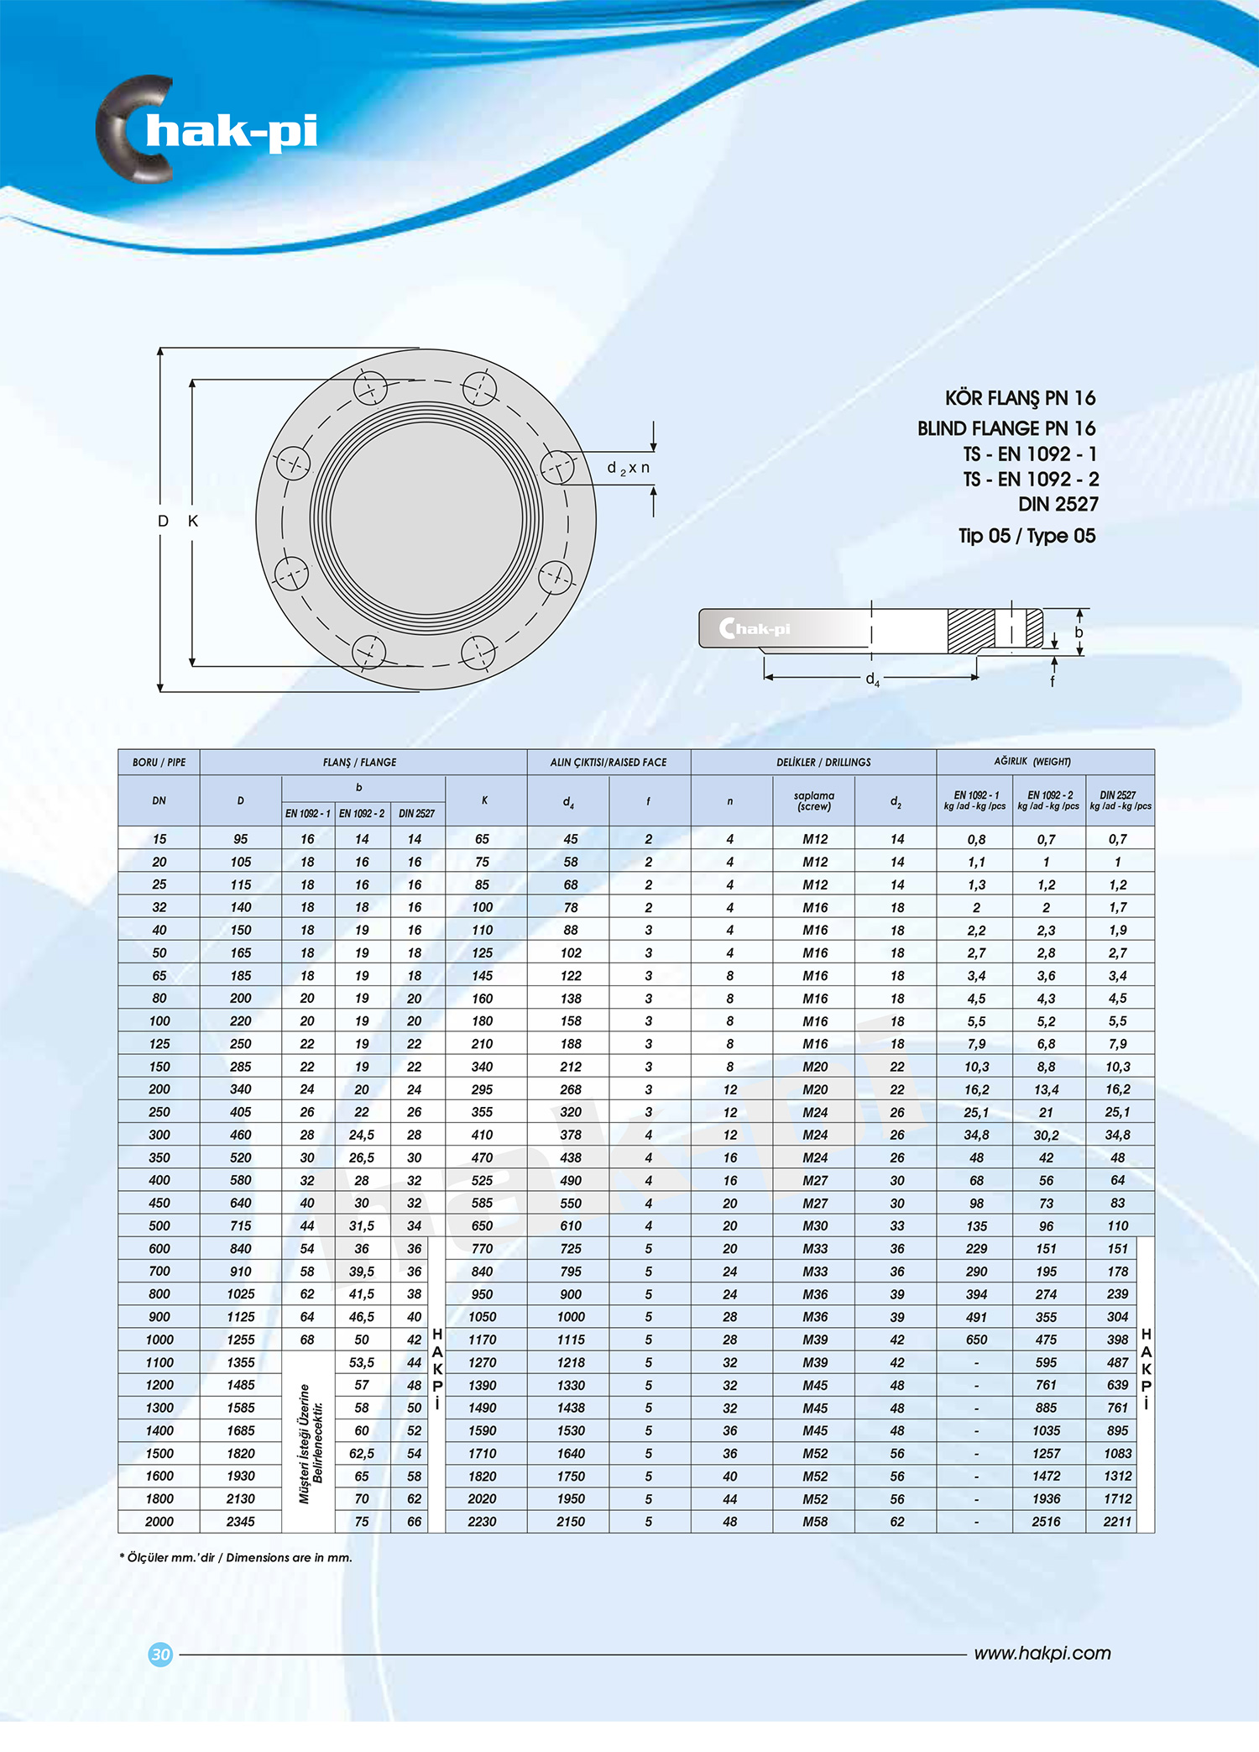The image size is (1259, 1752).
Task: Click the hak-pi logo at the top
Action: click(x=206, y=130)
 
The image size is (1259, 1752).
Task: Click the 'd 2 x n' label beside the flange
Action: click(x=628, y=468)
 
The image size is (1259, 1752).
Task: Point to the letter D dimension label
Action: click(x=163, y=521)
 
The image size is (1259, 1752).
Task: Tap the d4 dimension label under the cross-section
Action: click(x=873, y=679)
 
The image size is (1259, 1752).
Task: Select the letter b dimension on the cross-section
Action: click(x=1079, y=632)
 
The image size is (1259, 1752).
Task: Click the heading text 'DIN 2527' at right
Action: click(x=1058, y=504)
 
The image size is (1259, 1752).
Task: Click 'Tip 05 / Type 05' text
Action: click(x=1027, y=536)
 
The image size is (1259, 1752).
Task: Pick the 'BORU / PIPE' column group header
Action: click(x=159, y=762)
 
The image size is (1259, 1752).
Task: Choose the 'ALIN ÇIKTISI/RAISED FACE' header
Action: click(x=608, y=762)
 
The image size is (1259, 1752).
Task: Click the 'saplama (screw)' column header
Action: click(x=813, y=800)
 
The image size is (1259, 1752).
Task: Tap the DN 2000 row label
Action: click(x=159, y=1521)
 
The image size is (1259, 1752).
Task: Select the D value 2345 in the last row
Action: click(x=240, y=1521)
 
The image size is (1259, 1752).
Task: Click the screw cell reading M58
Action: click(x=814, y=1521)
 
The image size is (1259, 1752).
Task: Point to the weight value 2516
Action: click(x=1046, y=1521)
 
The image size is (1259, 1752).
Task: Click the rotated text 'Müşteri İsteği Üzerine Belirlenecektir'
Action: click(x=310, y=1443)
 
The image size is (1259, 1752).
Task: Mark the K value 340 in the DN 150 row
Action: click(x=482, y=1067)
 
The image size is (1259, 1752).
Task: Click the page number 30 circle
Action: click(x=160, y=1654)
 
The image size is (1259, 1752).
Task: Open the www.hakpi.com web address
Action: click(x=1042, y=1653)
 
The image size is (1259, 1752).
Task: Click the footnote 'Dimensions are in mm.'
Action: click(x=289, y=1557)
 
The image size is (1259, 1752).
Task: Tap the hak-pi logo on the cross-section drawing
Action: click(x=755, y=628)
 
